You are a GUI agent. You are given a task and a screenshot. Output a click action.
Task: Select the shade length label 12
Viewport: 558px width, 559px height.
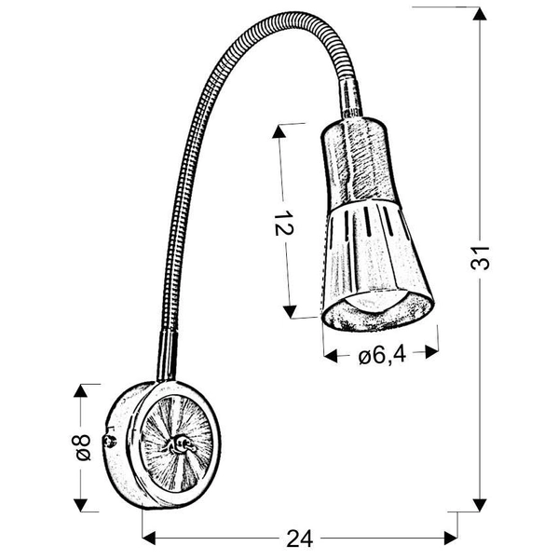point(286,225)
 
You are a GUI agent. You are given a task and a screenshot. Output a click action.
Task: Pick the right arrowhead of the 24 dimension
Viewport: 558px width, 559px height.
point(451,538)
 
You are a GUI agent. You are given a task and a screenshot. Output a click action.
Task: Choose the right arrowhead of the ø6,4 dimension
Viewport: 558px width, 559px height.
point(430,353)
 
